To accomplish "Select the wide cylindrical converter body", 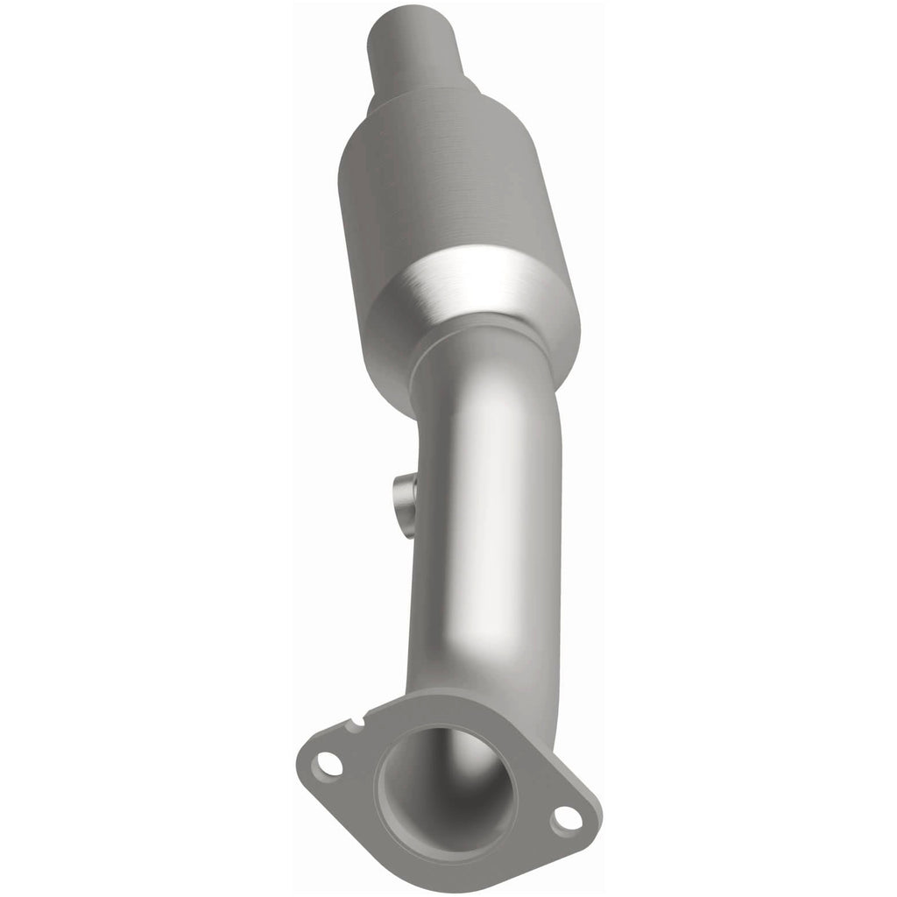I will (447, 193).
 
